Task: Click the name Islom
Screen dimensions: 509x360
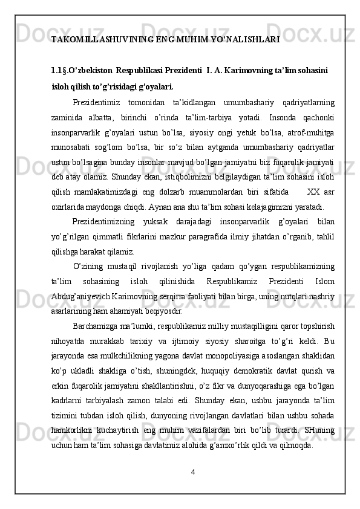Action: coord(326,281)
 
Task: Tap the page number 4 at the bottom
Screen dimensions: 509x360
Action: coord(192,470)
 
